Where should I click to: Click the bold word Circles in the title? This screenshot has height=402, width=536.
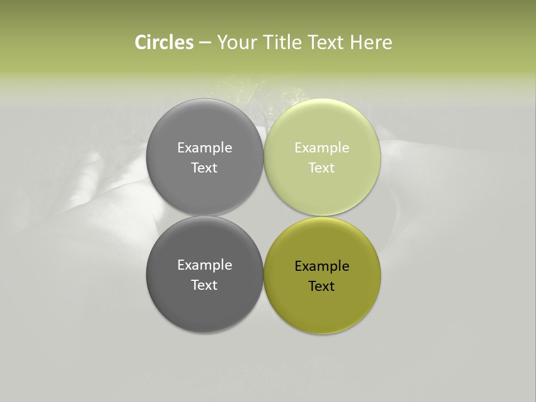coord(164,42)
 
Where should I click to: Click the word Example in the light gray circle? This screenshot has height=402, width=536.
coord(204,147)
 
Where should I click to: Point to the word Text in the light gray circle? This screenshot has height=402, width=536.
coord(204,167)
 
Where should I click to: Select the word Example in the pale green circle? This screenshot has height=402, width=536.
coord(322,147)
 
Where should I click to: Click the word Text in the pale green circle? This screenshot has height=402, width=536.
coord(322,167)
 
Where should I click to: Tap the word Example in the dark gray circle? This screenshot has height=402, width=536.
coord(204,265)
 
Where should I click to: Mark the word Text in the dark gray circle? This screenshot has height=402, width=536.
coord(204,285)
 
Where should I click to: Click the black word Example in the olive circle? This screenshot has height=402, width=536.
coord(322,266)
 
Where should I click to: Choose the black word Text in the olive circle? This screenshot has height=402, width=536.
coord(322,286)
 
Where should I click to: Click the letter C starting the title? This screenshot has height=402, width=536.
coord(140,42)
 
